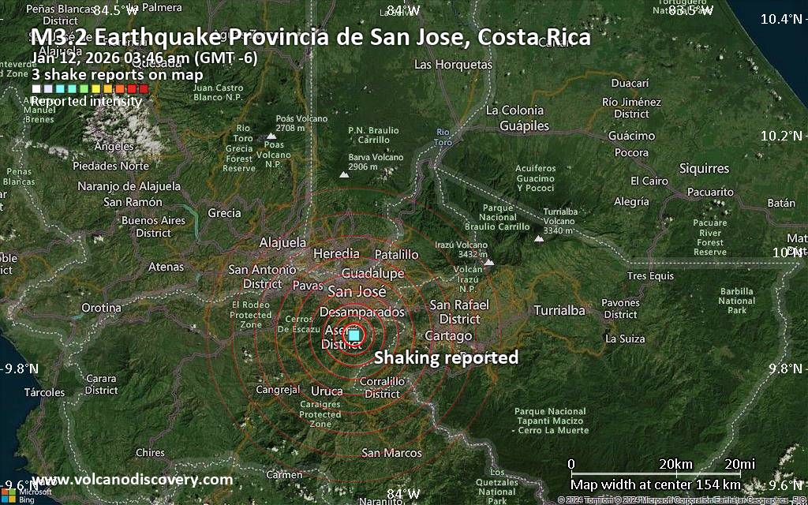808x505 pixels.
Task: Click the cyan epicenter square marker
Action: pyautogui.click(x=354, y=336)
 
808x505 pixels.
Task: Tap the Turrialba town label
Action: pyautogui.click(x=559, y=310)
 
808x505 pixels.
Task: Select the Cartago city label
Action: pyautogui.click(x=448, y=335)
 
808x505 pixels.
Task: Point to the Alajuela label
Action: pyautogui.click(x=282, y=242)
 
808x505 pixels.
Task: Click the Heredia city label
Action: pyautogui.click(x=336, y=254)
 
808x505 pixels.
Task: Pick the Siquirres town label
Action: pyautogui.click(x=704, y=169)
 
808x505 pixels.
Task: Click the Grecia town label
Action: pyautogui.click(x=224, y=213)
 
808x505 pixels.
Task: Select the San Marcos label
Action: pyautogui.click(x=391, y=453)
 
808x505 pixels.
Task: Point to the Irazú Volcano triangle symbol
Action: pyautogui.click(x=489, y=263)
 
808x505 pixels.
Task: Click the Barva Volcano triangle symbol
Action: pyautogui.click(x=344, y=175)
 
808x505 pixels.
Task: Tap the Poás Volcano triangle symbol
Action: pyautogui.click(x=270, y=136)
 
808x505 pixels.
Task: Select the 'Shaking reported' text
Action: pyautogui.click(x=446, y=357)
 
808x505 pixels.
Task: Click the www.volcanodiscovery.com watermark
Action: pyautogui.click(x=133, y=479)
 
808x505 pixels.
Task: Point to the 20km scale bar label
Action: pyautogui.click(x=675, y=463)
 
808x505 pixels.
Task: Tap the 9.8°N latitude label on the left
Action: pyautogui.click(x=21, y=368)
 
